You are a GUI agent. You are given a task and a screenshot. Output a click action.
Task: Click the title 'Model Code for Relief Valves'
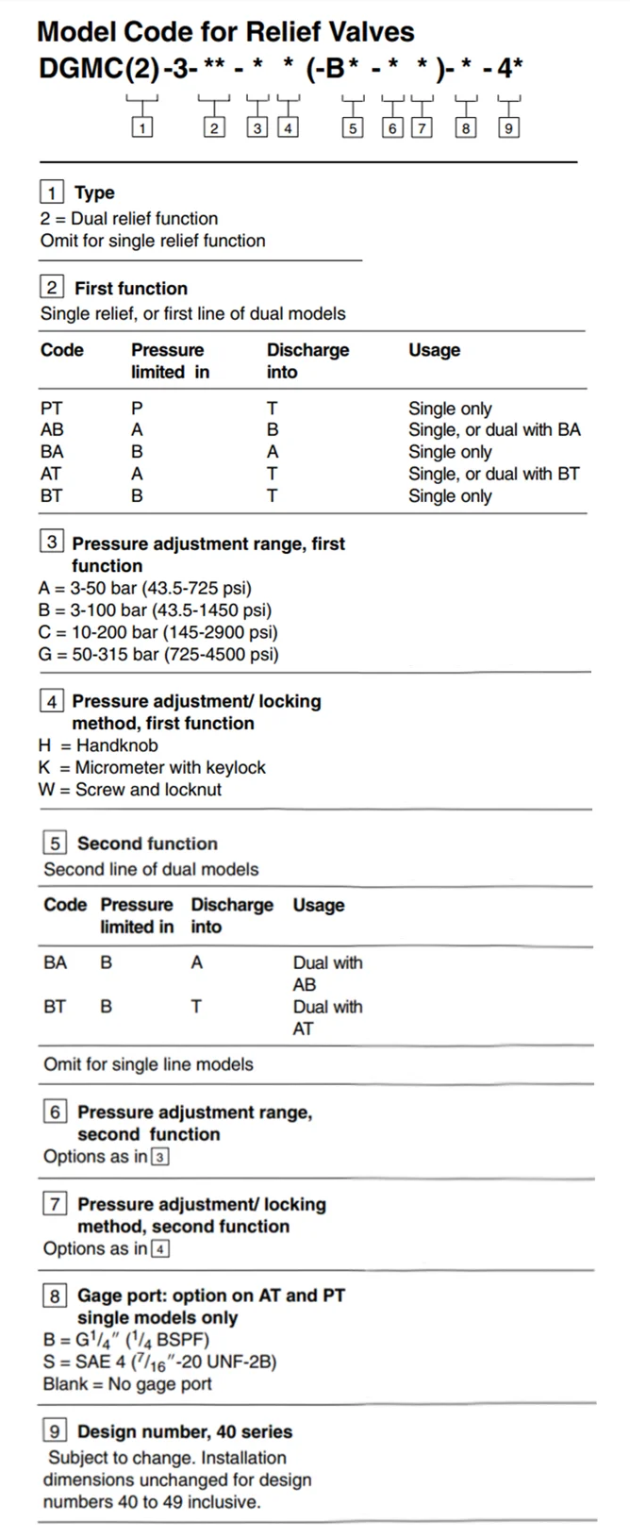225,32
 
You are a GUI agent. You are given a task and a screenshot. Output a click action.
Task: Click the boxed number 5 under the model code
352,128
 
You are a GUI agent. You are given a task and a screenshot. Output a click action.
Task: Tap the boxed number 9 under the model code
508,128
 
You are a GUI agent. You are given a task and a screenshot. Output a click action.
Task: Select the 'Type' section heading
94,192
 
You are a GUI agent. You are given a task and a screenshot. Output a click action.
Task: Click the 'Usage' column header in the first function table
434,350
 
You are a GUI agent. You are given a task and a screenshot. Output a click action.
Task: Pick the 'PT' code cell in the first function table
52,409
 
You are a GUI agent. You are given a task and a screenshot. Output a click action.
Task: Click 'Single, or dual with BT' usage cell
493,474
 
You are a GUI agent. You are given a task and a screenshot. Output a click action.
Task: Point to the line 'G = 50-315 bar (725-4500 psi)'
158,654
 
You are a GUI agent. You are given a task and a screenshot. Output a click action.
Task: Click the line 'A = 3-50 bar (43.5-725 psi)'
145,588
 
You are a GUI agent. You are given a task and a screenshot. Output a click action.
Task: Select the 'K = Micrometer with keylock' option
152,767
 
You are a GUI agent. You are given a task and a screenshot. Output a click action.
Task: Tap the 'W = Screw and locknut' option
130,789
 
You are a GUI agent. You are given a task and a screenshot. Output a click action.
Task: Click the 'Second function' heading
147,844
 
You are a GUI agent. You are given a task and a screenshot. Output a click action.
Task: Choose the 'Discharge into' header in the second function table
231,915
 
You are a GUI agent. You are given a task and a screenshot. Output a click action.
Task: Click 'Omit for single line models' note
148,1064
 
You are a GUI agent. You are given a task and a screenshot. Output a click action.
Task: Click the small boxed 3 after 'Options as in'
160,1157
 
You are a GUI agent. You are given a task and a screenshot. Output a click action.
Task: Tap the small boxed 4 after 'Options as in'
160,1249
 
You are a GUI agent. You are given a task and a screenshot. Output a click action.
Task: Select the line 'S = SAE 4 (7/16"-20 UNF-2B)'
159,1362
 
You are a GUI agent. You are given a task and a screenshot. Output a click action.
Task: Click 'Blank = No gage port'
127,1384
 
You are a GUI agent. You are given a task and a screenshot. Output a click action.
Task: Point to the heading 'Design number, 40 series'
184,1431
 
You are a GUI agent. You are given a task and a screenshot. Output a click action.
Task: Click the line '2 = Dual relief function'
129,218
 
